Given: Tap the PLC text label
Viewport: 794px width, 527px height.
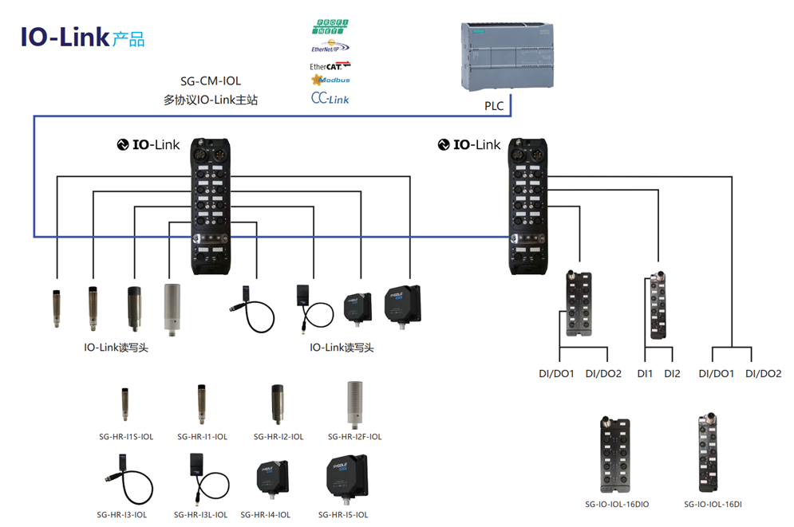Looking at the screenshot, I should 494,105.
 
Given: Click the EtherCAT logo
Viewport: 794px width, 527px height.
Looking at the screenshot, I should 330,66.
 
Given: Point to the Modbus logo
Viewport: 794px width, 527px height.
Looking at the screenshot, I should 330,80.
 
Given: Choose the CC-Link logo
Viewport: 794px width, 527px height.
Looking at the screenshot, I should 330,98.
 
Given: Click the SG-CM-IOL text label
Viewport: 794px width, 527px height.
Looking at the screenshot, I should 210,81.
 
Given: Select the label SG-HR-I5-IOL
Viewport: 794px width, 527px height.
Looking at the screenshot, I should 343,514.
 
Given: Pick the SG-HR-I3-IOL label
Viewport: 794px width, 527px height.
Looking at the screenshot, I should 122,514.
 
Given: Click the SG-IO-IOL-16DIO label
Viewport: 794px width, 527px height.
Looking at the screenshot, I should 617,504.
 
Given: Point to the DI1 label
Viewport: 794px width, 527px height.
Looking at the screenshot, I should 645,373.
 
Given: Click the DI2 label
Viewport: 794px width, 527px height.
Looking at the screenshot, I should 672,373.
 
